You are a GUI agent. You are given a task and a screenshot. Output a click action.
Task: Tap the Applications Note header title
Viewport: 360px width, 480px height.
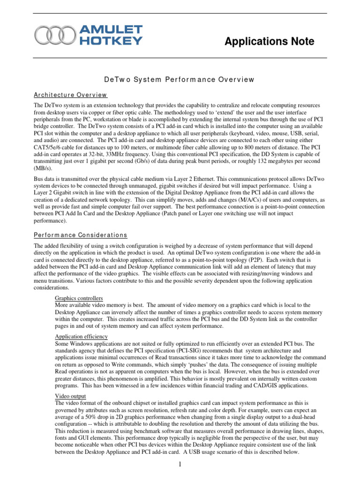coord(269,42)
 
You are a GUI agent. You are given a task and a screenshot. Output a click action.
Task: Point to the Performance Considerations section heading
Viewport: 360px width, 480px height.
coord(81,235)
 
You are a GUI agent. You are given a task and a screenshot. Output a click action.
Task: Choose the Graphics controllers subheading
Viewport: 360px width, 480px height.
coord(79,298)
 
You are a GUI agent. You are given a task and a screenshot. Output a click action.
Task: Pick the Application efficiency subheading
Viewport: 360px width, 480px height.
coord(82,337)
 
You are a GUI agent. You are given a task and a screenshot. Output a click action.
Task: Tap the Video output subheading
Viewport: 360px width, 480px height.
coord(70,396)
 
